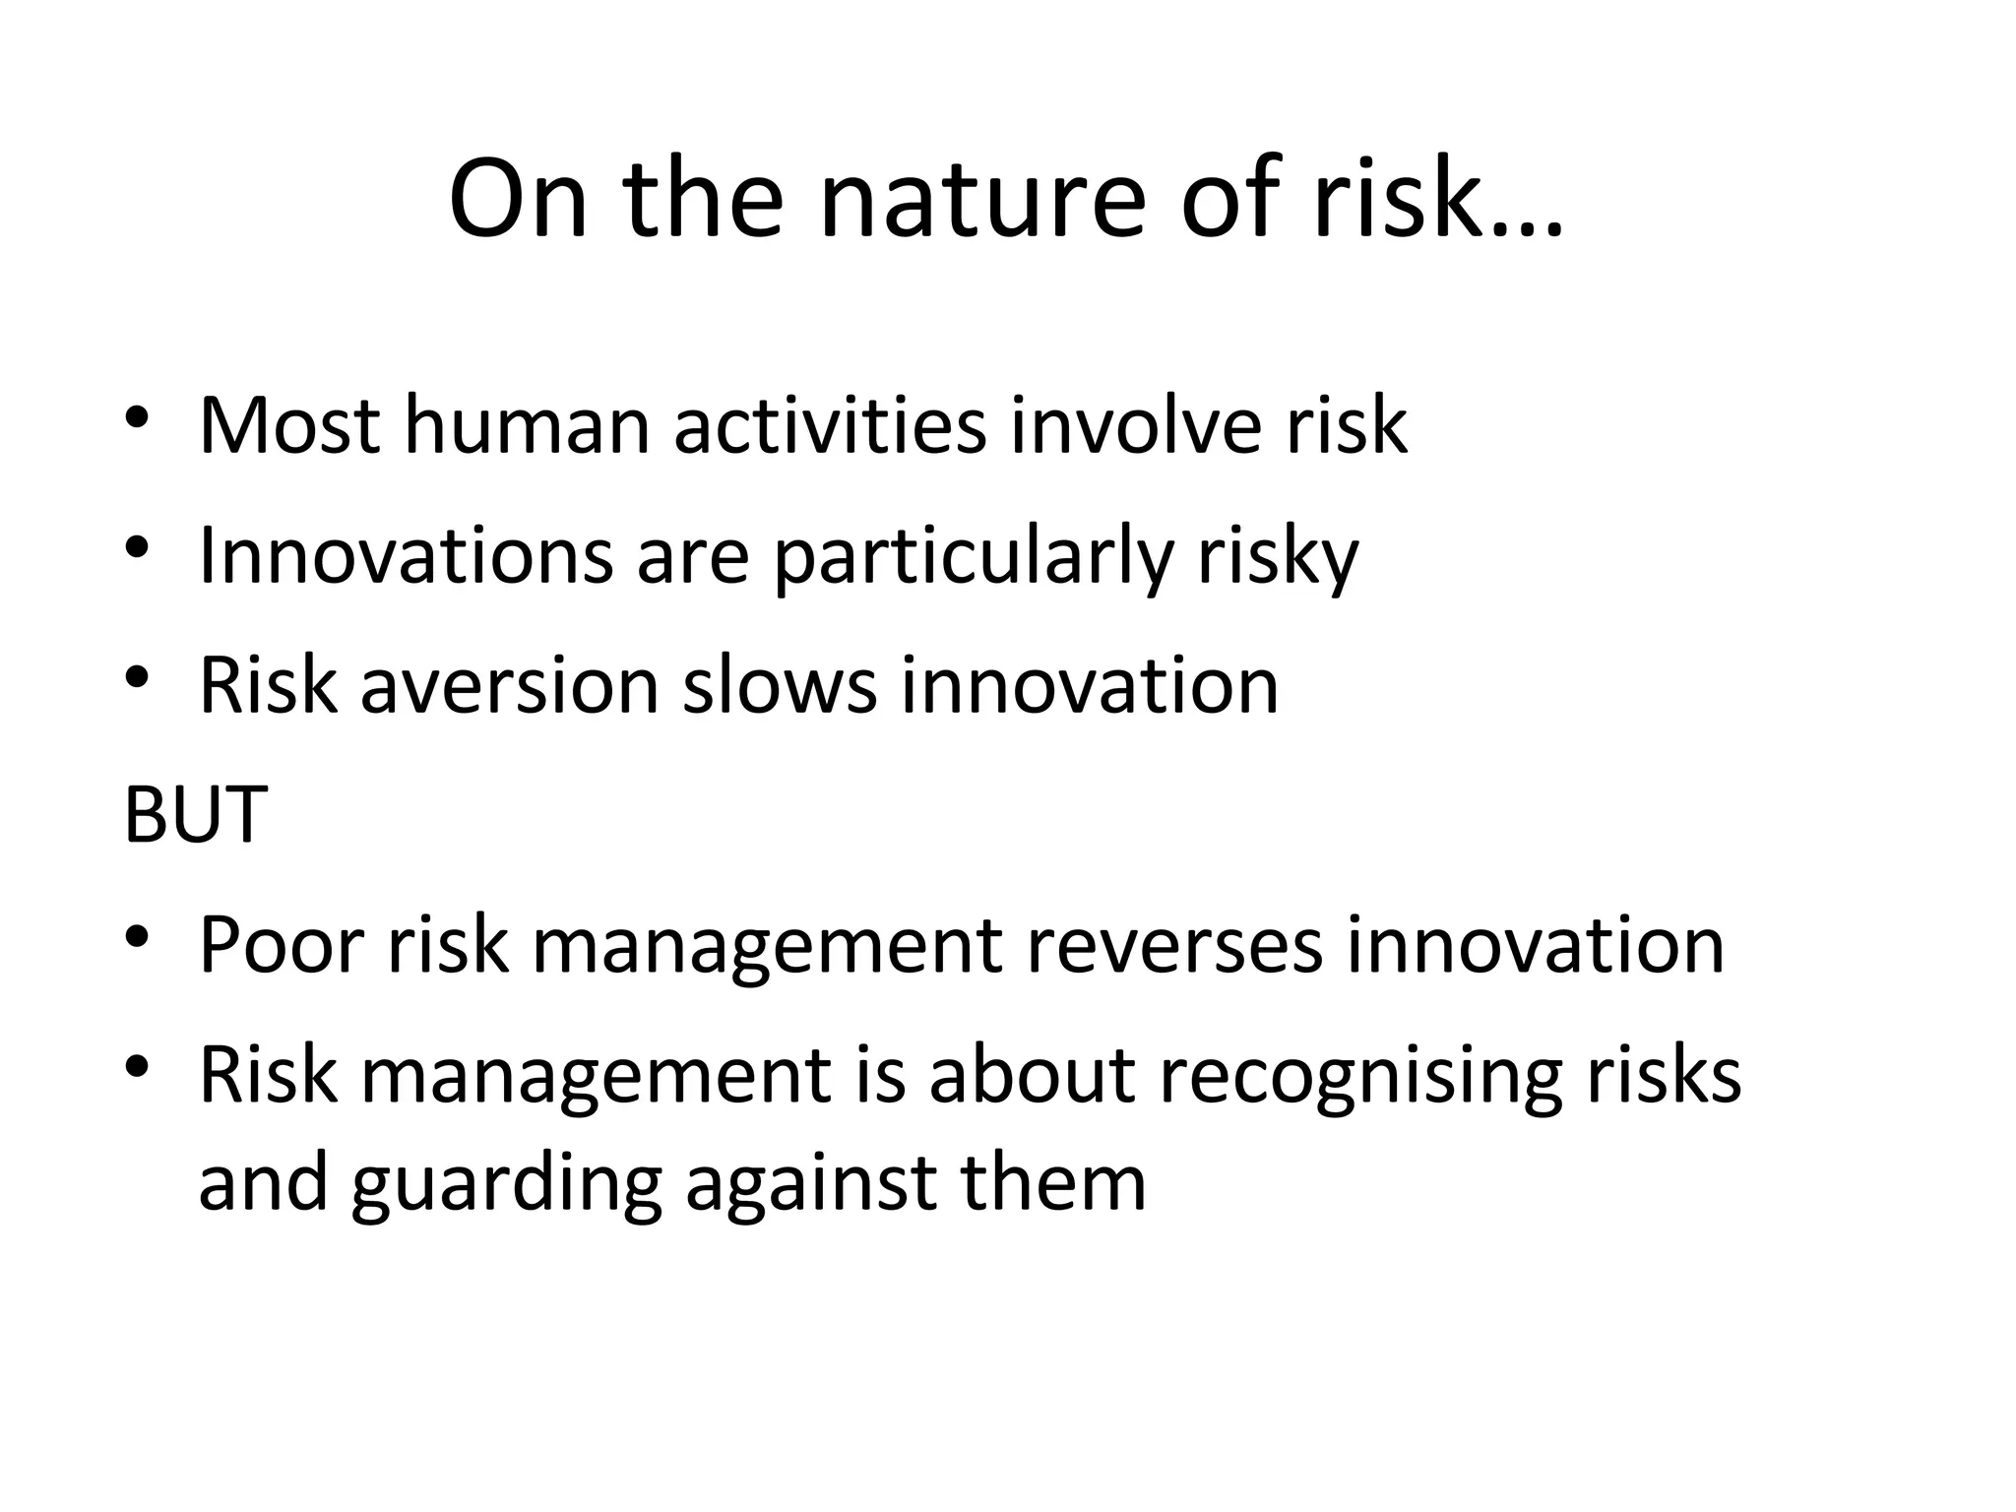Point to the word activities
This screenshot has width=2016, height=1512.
[830, 426]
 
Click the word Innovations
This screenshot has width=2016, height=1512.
[406, 556]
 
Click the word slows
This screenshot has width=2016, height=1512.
[779, 686]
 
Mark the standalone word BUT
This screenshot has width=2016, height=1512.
[195, 815]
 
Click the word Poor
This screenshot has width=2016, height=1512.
[282, 946]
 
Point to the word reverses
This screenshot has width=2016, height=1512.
[1174, 946]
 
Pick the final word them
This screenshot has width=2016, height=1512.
[1053, 1182]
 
